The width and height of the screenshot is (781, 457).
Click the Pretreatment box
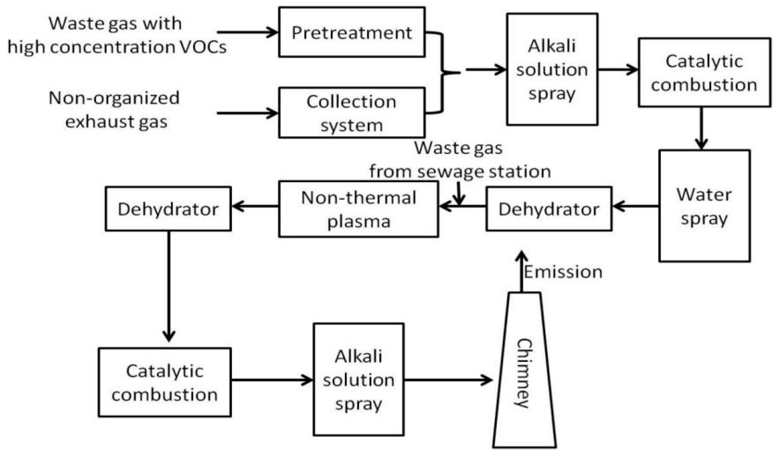[x=352, y=32]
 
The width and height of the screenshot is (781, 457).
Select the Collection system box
[x=352, y=113]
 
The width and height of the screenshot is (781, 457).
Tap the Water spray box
[x=704, y=206]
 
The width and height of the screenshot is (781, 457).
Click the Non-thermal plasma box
[x=358, y=209]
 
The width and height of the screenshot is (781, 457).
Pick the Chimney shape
[x=524, y=371]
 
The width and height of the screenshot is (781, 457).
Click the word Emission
[x=563, y=272]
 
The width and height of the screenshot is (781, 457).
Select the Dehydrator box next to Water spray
[x=548, y=209]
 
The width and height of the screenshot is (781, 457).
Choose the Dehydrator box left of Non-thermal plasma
[x=168, y=209]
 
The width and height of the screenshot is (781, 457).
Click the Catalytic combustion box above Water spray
[x=704, y=73]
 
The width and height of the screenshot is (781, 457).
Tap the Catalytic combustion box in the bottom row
[x=165, y=382]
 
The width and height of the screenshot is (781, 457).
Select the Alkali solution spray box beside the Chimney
[x=358, y=379]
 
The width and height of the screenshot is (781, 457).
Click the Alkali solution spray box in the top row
[x=552, y=69]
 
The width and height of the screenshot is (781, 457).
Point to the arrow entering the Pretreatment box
[x=247, y=32]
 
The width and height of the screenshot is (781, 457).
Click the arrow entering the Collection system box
[x=247, y=113]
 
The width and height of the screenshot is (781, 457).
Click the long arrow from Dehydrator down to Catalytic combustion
[x=169, y=286]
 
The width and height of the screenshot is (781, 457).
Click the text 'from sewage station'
[x=460, y=171]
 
